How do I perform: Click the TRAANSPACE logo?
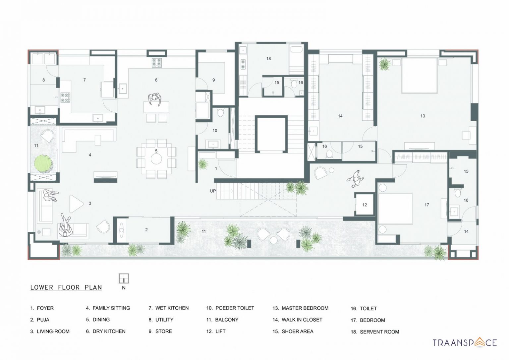465,342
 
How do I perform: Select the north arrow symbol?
124,279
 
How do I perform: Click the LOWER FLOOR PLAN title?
66,287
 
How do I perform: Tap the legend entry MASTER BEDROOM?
301,308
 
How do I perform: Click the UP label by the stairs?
213,191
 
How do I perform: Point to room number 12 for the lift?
365,205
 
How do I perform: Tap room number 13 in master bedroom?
423,116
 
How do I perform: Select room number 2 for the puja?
146,230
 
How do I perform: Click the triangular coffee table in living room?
76,204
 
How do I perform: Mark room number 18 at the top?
268,59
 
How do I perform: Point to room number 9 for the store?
213,80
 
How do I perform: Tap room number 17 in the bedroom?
427,205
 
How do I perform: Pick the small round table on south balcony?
273,240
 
